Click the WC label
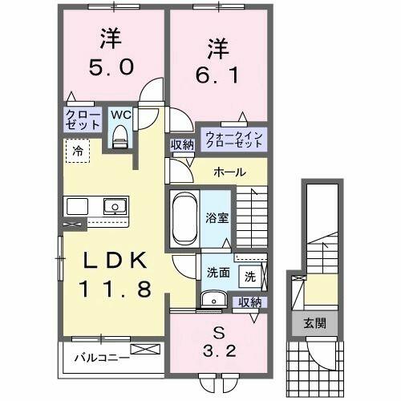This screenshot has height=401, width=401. (x=121, y=115)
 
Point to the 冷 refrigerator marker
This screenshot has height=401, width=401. (x=78, y=150)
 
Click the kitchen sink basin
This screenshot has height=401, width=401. (x=114, y=206)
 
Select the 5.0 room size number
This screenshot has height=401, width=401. (x=111, y=68)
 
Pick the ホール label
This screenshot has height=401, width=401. (x=229, y=172)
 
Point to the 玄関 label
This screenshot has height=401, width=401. (x=314, y=323)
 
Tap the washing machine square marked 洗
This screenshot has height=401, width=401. (x=250, y=277)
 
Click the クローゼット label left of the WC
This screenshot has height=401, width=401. (x=83, y=120)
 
